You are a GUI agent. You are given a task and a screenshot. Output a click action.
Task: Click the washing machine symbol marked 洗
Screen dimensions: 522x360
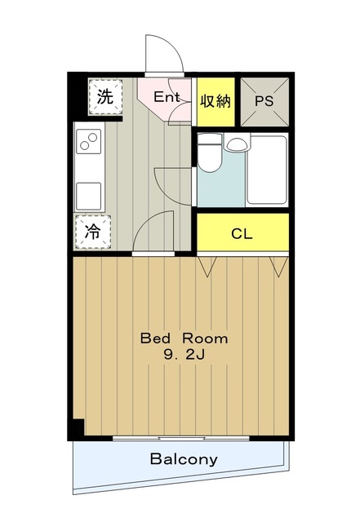click(x=104, y=95)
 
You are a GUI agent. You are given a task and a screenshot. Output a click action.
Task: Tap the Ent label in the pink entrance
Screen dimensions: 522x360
click(x=167, y=96)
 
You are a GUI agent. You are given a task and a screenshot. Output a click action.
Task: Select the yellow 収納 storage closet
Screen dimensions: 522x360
click(x=215, y=102)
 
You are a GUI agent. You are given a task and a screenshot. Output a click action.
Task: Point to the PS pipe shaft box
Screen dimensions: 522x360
click(x=264, y=102)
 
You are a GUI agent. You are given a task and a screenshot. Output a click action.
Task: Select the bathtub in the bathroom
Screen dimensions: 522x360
click(x=266, y=170)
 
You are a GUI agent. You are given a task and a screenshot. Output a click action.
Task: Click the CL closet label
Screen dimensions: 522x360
click(x=242, y=234)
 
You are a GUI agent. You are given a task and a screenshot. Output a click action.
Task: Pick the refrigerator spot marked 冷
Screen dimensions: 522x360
click(x=92, y=231)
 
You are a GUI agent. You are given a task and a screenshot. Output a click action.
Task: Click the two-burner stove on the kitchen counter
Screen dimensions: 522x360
click(x=88, y=145)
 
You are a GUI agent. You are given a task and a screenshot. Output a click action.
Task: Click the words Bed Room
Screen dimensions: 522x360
click(x=184, y=338)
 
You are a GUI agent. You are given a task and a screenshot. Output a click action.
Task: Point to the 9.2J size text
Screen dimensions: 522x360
click(x=184, y=355)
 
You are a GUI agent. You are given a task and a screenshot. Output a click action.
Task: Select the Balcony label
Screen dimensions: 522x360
click(x=184, y=459)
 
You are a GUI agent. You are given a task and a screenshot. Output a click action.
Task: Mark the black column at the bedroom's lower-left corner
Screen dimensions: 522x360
click(x=76, y=427)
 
